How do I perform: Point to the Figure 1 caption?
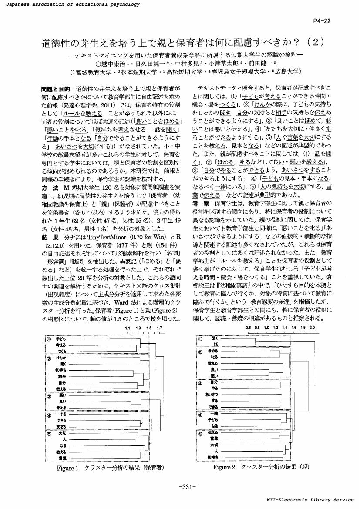tap(110, 468)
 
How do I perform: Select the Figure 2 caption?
tap(261, 467)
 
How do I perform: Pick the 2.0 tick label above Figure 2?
tap(312, 327)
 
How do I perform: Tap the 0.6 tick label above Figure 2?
tap(248, 327)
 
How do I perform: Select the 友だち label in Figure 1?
tap(61, 427)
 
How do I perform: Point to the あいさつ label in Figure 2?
tap(211, 395)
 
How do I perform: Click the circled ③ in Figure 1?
tap(49, 396)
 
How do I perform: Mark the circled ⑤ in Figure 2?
tap(201, 434)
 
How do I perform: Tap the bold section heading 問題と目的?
tap(52, 89)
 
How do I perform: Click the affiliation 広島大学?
tap(287, 71)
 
